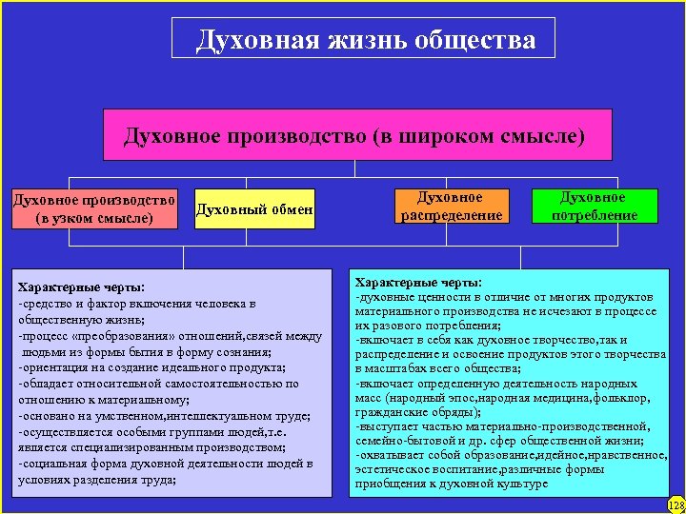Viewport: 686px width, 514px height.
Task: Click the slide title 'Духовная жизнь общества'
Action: [366, 40]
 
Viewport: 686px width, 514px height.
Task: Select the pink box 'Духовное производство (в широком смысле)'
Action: [354, 135]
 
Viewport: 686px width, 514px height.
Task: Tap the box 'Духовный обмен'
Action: [254, 209]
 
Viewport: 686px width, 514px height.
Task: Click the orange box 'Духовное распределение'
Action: [451, 207]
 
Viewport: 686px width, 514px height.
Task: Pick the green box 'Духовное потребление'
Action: [595, 207]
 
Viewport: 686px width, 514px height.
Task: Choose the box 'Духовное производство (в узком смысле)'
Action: [93, 209]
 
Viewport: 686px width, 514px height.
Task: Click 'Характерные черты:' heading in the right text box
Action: [418, 283]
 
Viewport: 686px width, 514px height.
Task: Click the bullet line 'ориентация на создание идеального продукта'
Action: [152, 367]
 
